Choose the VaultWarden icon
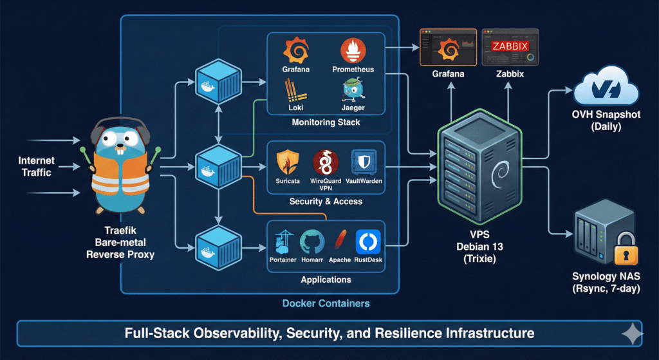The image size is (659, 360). [x=363, y=162]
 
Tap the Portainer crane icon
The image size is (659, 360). [x=282, y=242]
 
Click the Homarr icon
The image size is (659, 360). [x=312, y=242]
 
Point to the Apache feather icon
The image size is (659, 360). [x=339, y=242]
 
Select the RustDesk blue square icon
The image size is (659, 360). [x=368, y=242]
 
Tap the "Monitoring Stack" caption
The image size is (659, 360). [x=326, y=122]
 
